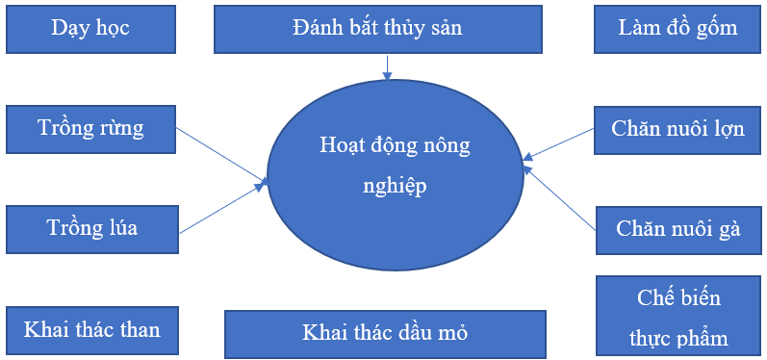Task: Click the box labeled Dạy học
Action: (x=90, y=29)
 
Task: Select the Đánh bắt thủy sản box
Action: (x=377, y=29)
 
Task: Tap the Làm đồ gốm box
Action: (x=678, y=29)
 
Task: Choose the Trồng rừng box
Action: (x=90, y=128)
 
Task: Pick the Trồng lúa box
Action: (x=91, y=229)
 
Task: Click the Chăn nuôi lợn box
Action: (x=678, y=129)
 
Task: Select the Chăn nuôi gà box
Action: (x=678, y=230)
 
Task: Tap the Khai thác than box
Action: (x=91, y=330)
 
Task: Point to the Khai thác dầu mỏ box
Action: (x=385, y=333)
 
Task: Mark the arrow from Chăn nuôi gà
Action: (x=560, y=197)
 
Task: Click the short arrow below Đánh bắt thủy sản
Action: (x=388, y=66)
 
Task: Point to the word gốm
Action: (x=717, y=28)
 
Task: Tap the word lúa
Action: (x=120, y=229)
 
